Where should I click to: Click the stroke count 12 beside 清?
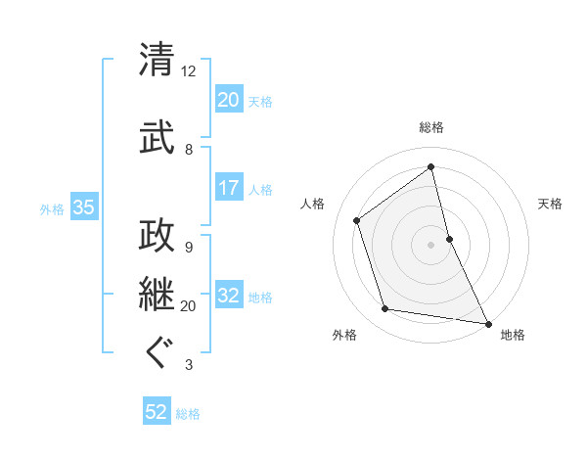[189, 71]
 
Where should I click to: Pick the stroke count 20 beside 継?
[189, 306]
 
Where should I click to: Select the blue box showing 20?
[228, 100]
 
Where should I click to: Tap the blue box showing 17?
[228, 188]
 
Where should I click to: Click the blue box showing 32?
[228, 297]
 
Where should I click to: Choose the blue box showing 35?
[83, 207]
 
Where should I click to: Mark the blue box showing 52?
[156, 413]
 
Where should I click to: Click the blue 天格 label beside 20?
[259, 101]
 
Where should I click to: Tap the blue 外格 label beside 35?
[52, 208]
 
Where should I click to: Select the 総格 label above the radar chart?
[431, 127]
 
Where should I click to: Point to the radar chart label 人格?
[313, 204]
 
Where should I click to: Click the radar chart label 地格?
[513, 335]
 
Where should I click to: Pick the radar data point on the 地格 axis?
[486, 323]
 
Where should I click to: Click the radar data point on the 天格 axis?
[449, 238]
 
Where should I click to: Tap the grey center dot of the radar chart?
[430, 244]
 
